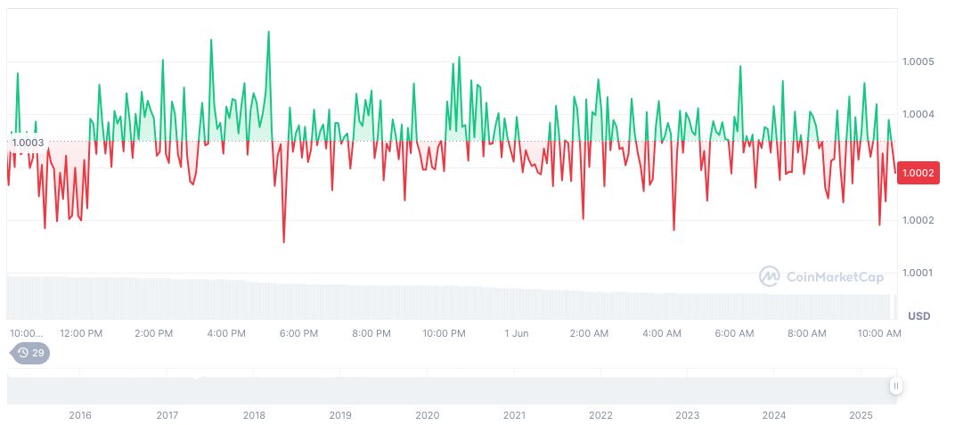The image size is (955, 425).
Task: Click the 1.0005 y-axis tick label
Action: point(918,61)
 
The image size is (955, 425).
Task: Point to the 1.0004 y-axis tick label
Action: point(918,114)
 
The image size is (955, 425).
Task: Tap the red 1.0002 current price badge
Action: point(918,173)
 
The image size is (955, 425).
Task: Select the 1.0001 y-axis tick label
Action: point(918,273)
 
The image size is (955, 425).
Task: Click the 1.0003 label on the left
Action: point(28,143)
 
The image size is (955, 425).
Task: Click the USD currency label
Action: point(919,316)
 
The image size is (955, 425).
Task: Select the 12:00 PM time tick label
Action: point(81,333)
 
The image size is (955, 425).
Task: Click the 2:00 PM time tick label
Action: point(153,333)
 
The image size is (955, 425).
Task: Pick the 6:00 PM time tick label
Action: point(298,333)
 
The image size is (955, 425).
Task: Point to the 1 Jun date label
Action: point(517,333)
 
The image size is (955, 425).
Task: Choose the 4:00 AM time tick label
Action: point(662,333)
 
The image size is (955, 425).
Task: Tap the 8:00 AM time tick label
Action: point(807,333)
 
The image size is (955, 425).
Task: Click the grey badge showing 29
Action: point(31,353)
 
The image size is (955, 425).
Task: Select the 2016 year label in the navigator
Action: point(80,415)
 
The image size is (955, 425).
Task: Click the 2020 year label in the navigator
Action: point(428,415)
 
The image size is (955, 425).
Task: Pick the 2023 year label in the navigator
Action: point(688,415)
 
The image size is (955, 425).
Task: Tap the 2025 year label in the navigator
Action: point(861,415)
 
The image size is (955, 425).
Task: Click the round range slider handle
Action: point(895,386)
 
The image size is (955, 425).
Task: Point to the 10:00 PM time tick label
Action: point(444,333)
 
